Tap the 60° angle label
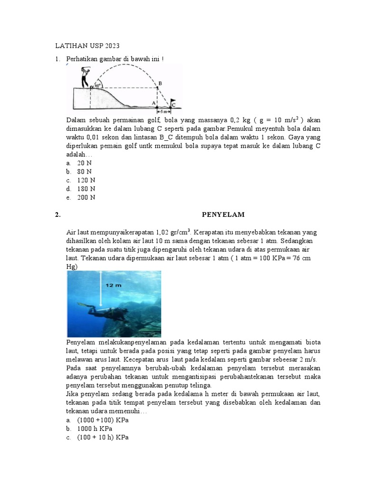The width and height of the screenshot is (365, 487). point(97,85)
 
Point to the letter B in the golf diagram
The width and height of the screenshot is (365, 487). point(160,83)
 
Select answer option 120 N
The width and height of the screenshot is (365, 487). point(86,180)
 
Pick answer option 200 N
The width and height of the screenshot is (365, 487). point(86,197)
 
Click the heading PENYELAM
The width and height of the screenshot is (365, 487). point(223,214)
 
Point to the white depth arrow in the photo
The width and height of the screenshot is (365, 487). point(101,290)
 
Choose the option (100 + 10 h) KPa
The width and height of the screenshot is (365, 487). point(103,438)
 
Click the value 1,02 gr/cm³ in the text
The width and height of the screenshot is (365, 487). point(173,233)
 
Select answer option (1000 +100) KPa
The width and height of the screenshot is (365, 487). point(103,420)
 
